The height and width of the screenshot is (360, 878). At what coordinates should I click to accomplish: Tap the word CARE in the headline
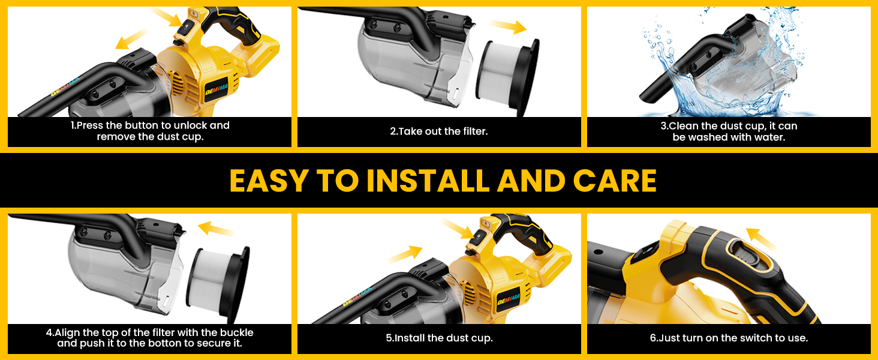click(615, 181)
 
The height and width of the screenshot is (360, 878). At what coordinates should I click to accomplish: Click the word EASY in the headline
click(268, 181)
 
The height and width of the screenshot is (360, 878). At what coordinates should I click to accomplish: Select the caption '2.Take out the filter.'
click(438, 131)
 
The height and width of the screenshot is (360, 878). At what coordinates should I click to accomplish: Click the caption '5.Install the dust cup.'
click(439, 338)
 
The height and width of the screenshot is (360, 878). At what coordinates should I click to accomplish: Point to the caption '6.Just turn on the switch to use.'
click(729, 338)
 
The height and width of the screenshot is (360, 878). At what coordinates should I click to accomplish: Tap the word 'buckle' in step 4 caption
click(236, 332)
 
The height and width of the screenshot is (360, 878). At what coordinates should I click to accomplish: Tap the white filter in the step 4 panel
click(218, 284)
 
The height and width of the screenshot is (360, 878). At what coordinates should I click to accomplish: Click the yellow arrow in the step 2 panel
click(509, 26)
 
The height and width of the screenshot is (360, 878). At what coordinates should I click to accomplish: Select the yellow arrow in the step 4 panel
click(217, 229)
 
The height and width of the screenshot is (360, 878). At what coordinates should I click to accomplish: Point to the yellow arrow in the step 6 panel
click(762, 239)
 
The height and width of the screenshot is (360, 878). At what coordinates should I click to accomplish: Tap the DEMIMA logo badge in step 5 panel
click(509, 299)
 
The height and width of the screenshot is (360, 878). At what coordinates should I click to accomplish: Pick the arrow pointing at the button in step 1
click(166, 17)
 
